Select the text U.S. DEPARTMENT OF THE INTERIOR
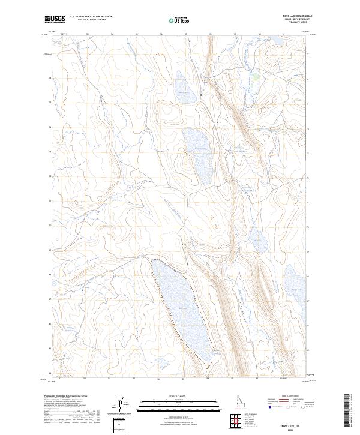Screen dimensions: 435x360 point(91,17)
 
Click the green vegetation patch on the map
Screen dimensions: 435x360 point(256,76)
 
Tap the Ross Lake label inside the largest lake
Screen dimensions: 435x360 point(182,309)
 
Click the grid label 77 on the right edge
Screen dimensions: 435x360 point(308,55)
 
